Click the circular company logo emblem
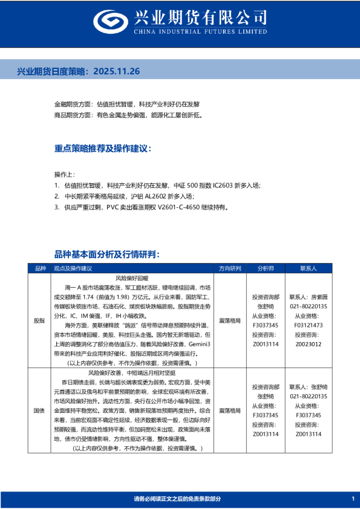pos(110,21)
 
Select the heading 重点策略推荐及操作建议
pos(102,148)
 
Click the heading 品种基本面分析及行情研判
pos(106,254)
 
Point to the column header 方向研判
pos(230,268)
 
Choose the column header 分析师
pos(266,268)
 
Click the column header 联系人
pos(309,268)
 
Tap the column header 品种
pos(40,268)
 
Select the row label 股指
pos(40,320)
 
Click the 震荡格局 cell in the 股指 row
pos(230,320)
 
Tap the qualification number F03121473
pos(309,325)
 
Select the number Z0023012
pos(309,343)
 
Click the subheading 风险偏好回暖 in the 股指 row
pos(131,277)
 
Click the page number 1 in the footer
pos(352,499)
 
